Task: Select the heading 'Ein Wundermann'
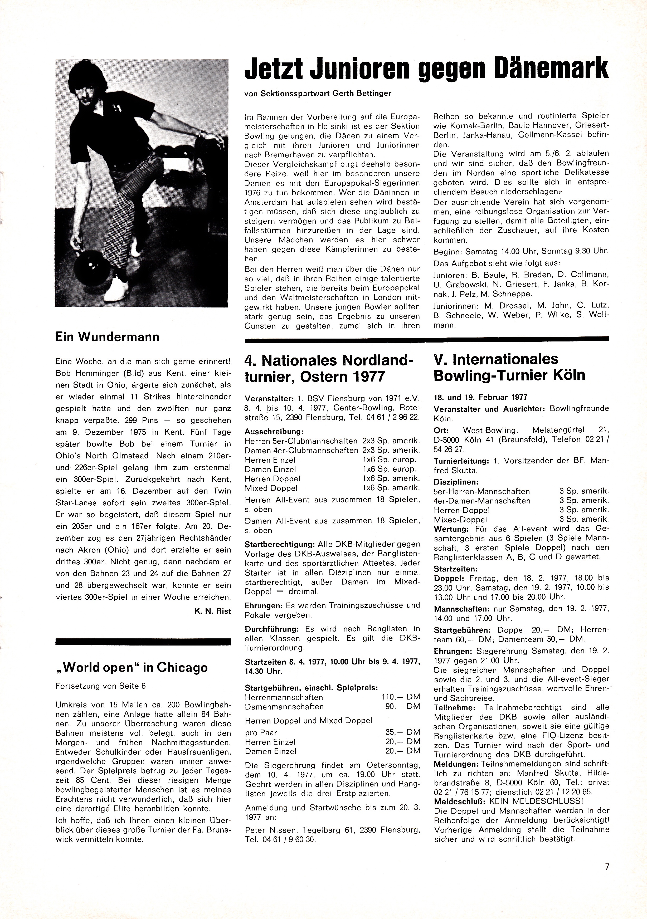(107, 337)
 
